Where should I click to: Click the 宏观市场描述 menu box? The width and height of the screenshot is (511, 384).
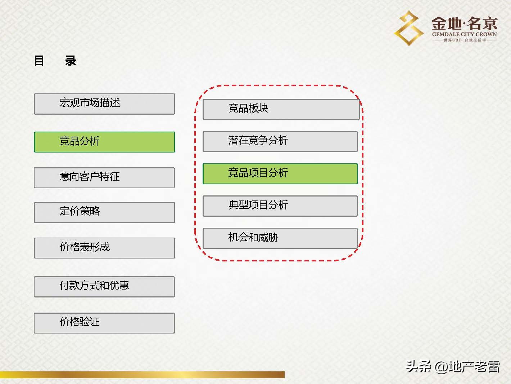click(104, 104)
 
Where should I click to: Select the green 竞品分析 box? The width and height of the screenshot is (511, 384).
click(104, 142)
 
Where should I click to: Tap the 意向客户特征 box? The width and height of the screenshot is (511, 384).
click(104, 177)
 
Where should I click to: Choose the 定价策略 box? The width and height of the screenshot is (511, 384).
click(104, 212)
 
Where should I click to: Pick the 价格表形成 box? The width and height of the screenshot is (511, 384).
click(104, 248)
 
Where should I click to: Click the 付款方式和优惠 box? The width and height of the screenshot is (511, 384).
click(104, 287)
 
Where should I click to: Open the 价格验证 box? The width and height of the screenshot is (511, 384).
click(104, 323)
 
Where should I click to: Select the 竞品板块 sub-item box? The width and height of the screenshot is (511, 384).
click(281, 109)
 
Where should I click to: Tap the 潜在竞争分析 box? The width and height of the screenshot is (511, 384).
click(280, 141)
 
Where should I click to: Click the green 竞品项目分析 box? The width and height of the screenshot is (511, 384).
click(280, 173)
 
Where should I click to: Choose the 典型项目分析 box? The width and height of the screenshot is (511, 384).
click(280, 206)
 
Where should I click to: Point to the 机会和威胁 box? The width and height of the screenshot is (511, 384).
click(280, 238)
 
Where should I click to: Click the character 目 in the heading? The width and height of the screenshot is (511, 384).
click(39, 61)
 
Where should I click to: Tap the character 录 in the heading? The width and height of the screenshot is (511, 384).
click(71, 61)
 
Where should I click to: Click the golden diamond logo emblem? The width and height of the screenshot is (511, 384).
click(409, 28)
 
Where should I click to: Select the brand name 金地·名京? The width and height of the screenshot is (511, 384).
click(464, 24)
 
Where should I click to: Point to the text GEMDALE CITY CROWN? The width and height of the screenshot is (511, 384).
click(464, 35)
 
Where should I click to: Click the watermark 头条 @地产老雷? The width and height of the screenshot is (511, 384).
click(453, 367)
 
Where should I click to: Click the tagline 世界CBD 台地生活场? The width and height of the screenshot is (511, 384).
click(464, 40)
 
